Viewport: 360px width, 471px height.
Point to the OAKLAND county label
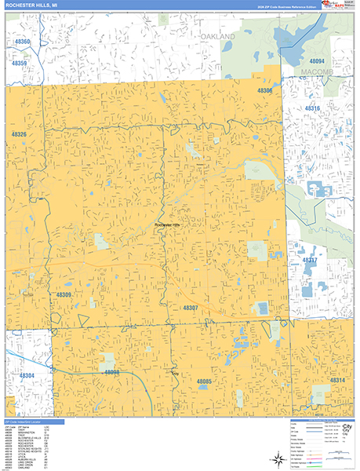pos(217,37)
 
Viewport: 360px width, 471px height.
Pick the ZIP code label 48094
pos(317,60)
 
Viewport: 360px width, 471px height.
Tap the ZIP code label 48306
pos(265,91)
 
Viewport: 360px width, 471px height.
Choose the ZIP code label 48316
pos(313,108)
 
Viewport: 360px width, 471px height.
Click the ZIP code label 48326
pos(19,135)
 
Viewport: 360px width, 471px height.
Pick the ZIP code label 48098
pos(112,372)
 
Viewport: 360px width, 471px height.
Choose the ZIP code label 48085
pos(205,381)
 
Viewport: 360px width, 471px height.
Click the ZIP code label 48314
pos(337,380)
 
